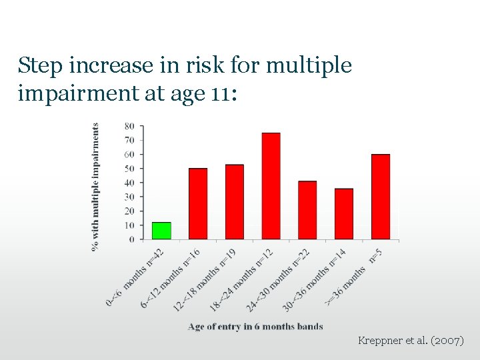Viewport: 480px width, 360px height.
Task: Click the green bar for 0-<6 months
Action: pyautogui.click(x=161, y=231)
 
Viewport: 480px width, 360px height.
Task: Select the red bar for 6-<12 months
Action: pyautogui.click(x=198, y=203)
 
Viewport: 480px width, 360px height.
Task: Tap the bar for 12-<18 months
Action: pyautogui.click(x=235, y=201)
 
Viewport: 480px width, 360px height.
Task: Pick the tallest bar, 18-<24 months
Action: pyautogui.click(x=271, y=186)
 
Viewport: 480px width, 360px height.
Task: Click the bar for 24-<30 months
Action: pyautogui.click(x=307, y=210)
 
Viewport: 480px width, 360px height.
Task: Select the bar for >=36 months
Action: pyautogui.click(x=381, y=197)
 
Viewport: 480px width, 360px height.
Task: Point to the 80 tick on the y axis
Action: pyautogui.click(x=129, y=126)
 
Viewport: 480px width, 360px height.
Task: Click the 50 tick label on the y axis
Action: pyautogui.click(x=129, y=169)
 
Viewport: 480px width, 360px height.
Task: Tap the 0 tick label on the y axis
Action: pyautogui.click(x=131, y=239)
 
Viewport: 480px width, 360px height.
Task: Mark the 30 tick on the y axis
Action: pyautogui.click(x=129, y=197)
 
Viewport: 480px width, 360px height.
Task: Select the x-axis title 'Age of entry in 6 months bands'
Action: pyautogui.click(x=255, y=327)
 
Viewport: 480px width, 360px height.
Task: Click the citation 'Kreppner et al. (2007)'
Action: pyautogui.click(x=411, y=341)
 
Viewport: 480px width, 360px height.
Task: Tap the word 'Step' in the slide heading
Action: pyautogui.click(x=39, y=65)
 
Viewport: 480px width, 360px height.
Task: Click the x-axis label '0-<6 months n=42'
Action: pyautogui.click(x=135, y=278)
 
